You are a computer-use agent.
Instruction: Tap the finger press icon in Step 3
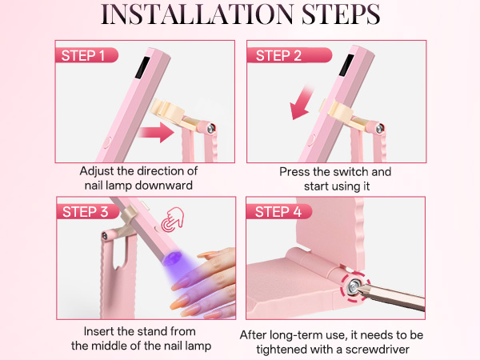point(170,221)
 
